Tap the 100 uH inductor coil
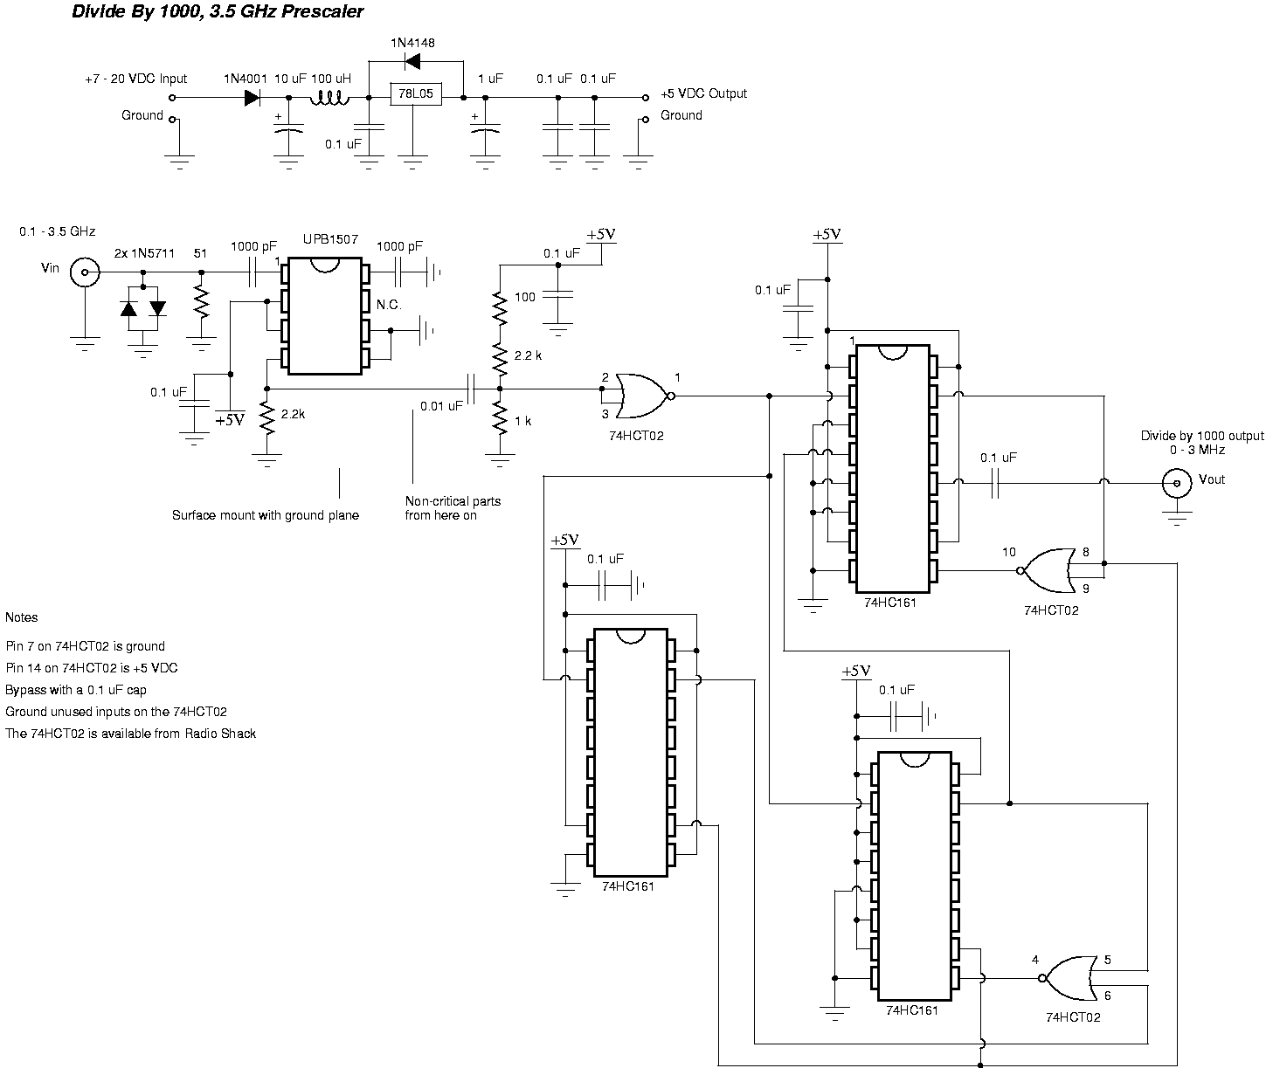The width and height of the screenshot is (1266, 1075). pos(330,97)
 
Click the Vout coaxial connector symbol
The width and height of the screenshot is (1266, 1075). pos(1177,482)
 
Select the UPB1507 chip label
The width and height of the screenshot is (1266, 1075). pos(330,239)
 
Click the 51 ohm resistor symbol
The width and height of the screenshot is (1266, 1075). pos(202,302)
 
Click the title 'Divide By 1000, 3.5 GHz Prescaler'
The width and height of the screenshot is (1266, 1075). pos(218,12)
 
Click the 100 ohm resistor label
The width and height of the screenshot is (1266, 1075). pos(524,297)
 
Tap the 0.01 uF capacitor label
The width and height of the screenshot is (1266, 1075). pos(441,406)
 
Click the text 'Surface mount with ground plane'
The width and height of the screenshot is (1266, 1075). pos(265,516)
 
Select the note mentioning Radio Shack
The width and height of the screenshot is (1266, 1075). pos(131,734)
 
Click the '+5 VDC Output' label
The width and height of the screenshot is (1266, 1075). pos(704,93)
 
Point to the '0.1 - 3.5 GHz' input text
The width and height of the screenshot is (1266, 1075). pos(57,231)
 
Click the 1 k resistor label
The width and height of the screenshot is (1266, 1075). pos(522,421)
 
